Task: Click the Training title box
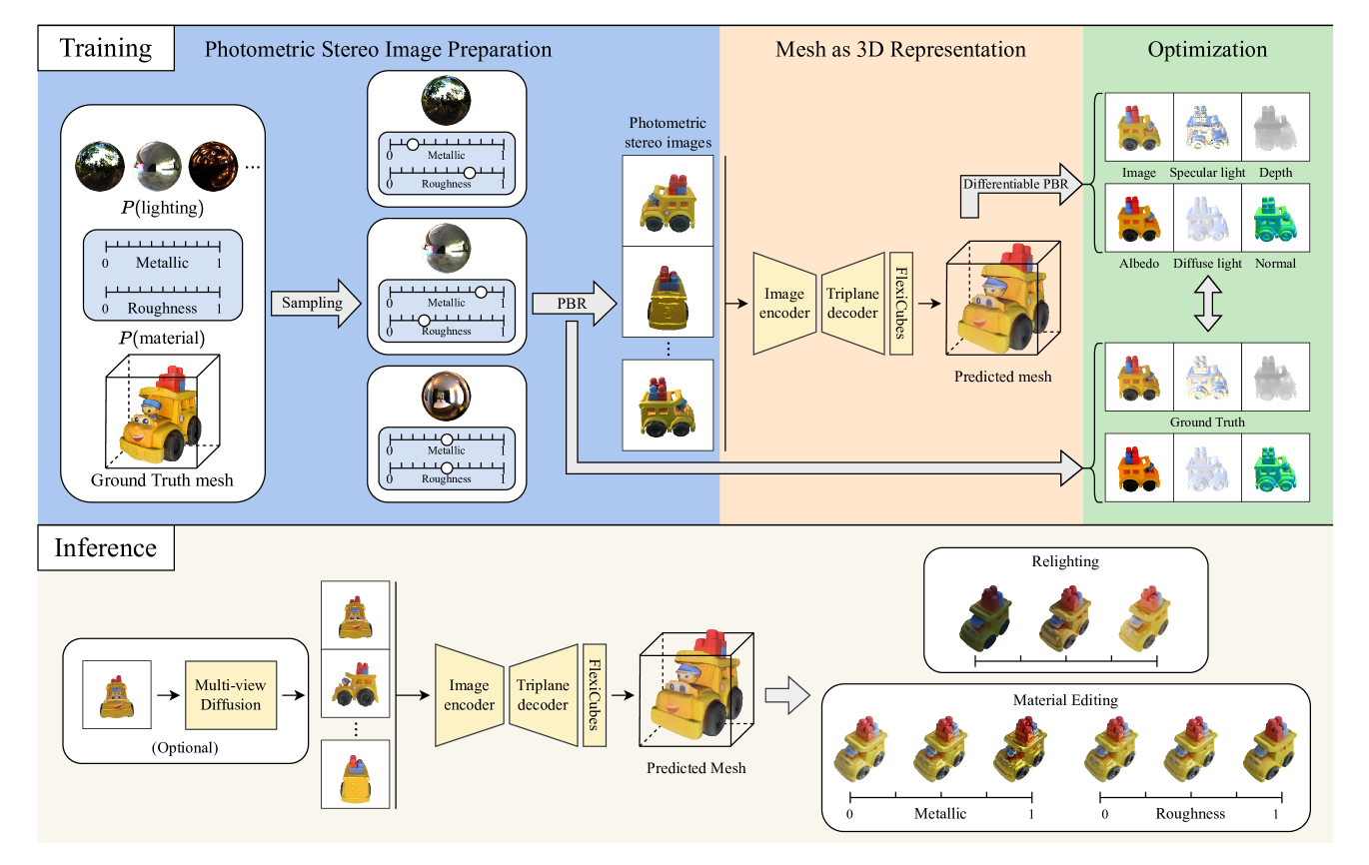pos(105,48)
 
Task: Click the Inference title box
pos(105,547)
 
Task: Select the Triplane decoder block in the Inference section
pos(544,695)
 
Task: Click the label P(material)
pos(162,338)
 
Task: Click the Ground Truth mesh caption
pos(162,480)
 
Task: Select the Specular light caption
pos(1207,173)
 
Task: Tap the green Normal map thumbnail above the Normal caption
pos(1274,219)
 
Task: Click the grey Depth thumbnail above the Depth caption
pos(1274,128)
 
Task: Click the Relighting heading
pos(1066,561)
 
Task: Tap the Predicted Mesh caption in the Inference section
pos(695,768)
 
